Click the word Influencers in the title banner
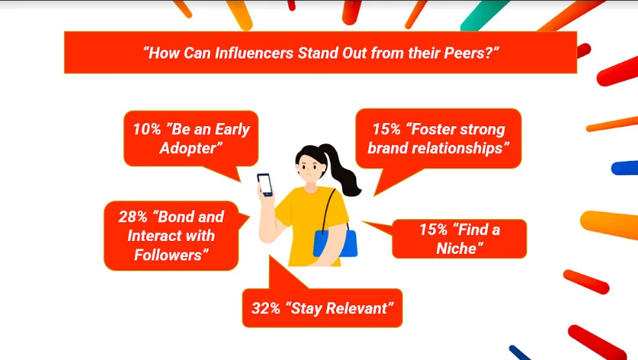(254, 53)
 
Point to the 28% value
(133, 217)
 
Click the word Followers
(169, 255)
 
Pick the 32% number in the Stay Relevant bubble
(266, 308)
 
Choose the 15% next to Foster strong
(387, 129)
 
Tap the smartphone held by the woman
(265, 185)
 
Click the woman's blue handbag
(335, 243)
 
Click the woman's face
(311, 169)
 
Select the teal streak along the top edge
(484, 15)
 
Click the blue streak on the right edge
(624, 167)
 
